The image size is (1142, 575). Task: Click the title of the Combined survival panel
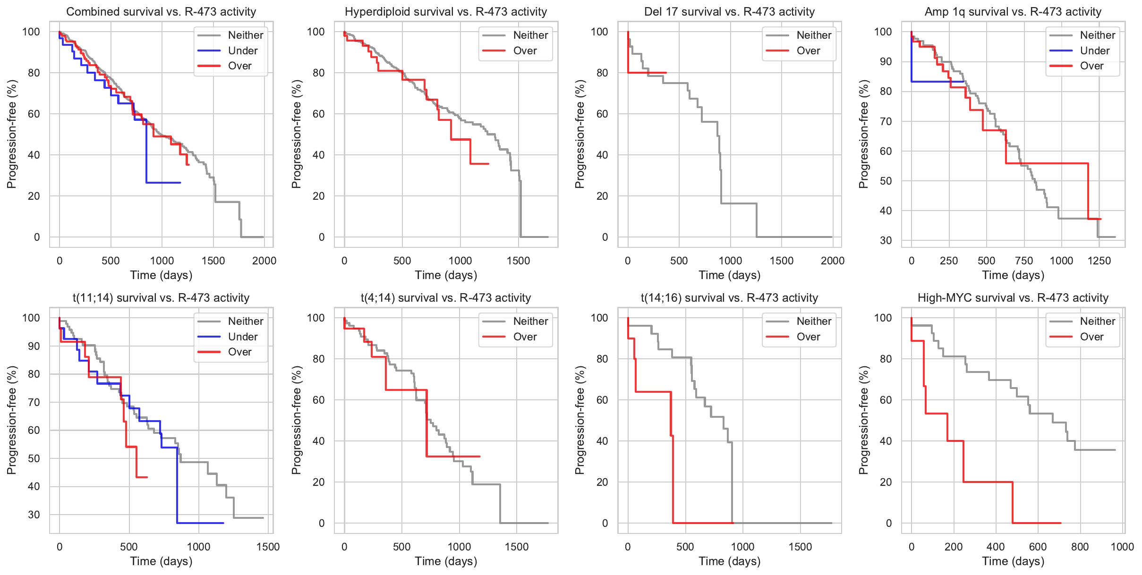pos(161,12)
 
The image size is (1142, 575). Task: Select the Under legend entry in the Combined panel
pos(242,51)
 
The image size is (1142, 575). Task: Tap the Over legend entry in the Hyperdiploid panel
pos(525,51)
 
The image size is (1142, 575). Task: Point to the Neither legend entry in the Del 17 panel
pos(814,35)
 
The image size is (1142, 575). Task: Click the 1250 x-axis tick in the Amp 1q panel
pos(1099,261)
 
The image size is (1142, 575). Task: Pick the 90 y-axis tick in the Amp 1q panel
pos(886,62)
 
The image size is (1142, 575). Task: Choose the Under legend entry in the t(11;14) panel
pos(242,337)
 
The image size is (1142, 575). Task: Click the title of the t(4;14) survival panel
pos(446,298)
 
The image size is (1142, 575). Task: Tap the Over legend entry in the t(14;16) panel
pos(808,337)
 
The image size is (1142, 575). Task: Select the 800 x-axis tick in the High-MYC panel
pos(1080,547)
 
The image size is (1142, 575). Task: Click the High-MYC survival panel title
pos(1013,298)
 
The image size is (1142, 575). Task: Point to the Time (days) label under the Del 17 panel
pos(730,275)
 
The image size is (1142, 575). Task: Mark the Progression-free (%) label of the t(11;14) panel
pos(12,420)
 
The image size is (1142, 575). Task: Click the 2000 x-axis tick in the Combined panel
pos(264,261)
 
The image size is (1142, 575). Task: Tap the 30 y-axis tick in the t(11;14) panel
pos(34,515)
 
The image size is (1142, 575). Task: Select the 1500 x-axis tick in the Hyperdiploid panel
pos(518,261)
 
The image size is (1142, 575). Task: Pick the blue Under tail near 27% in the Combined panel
pos(163,182)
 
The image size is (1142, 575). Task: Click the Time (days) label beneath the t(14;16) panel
pos(730,561)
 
